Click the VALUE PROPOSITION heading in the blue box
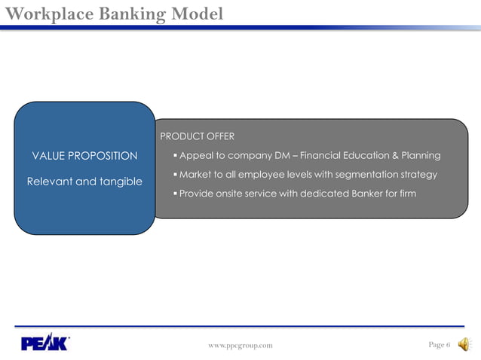[x=84, y=156]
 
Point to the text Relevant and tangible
[x=84, y=182]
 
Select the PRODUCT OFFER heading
[x=197, y=136]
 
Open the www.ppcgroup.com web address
[x=240, y=346]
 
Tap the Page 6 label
[x=439, y=345]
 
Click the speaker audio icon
[x=464, y=344]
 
